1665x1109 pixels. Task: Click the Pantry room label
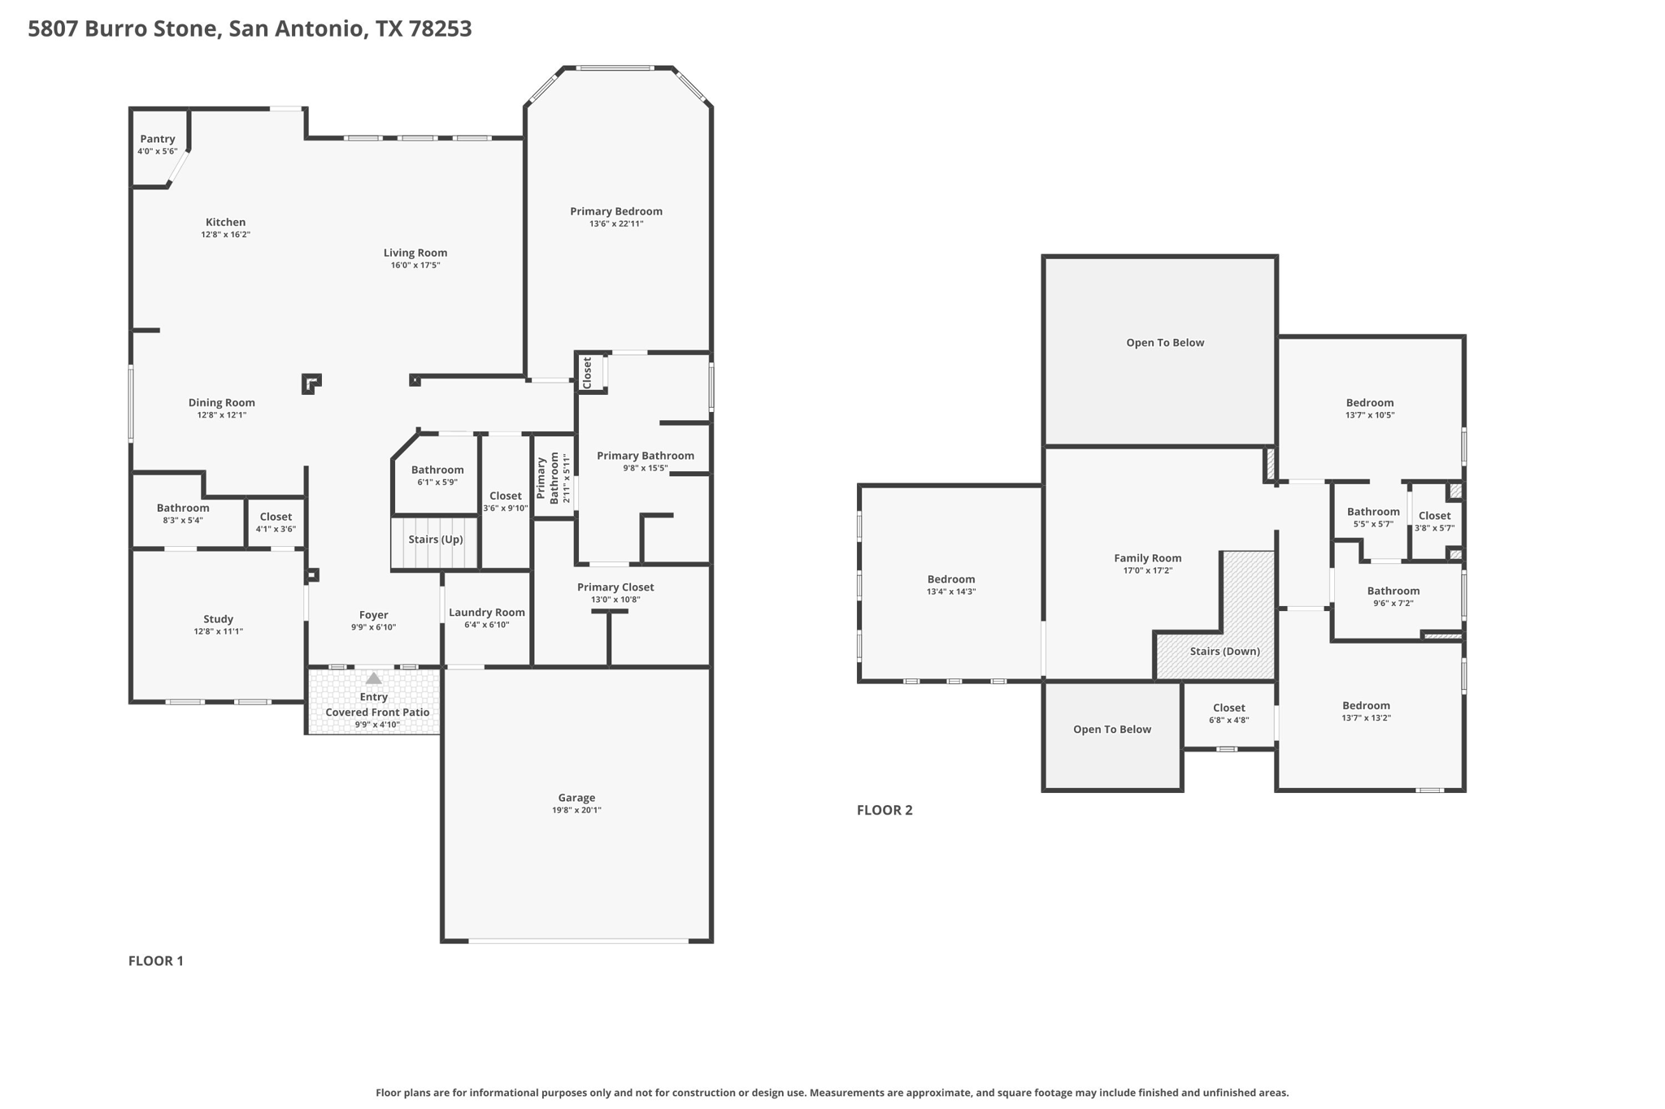pyautogui.click(x=157, y=139)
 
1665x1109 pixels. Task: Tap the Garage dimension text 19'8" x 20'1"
pyautogui.click(x=576, y=810)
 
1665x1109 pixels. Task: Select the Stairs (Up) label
pyautogui.click(x=436, y=539)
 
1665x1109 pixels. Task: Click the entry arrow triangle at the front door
pyautogui.click(x=373, y=678)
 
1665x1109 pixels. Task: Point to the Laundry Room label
pyautogui.click(x=487, y=613)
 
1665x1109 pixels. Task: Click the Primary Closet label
pyautogui.click(x=615, y=587)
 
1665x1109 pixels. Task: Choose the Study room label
pyautogui.click(x=218, y=619)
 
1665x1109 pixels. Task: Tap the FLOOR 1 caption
pyautogui.click(x=156, y=960)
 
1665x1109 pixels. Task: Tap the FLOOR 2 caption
pyautogui.click(x=885, y=810)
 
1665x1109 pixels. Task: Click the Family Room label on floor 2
pyautogui.click(x=1147, y=558)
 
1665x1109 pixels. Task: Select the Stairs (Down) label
pyautogui.click(x=1224, y=651)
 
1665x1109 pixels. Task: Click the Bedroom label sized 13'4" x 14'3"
pyautogui.click(x=950, y=579)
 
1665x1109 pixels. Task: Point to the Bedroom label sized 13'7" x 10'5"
pyautogui.click(x=1369, y=403)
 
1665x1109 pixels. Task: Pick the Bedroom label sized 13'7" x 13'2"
pyautogui.click(x=1366, y=706)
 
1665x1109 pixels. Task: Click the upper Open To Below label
pyautogui.click(x=1165, y=343)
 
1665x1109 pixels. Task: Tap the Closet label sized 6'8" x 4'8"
pyautogui.click(x=1228, y=708)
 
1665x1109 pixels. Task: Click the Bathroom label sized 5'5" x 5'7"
pyautogui.click(x=1373, y=512)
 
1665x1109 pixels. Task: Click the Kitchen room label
pyautogui.click(x=225, y=222)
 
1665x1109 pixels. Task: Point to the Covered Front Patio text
pyautogui.click(x=377, y=713)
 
